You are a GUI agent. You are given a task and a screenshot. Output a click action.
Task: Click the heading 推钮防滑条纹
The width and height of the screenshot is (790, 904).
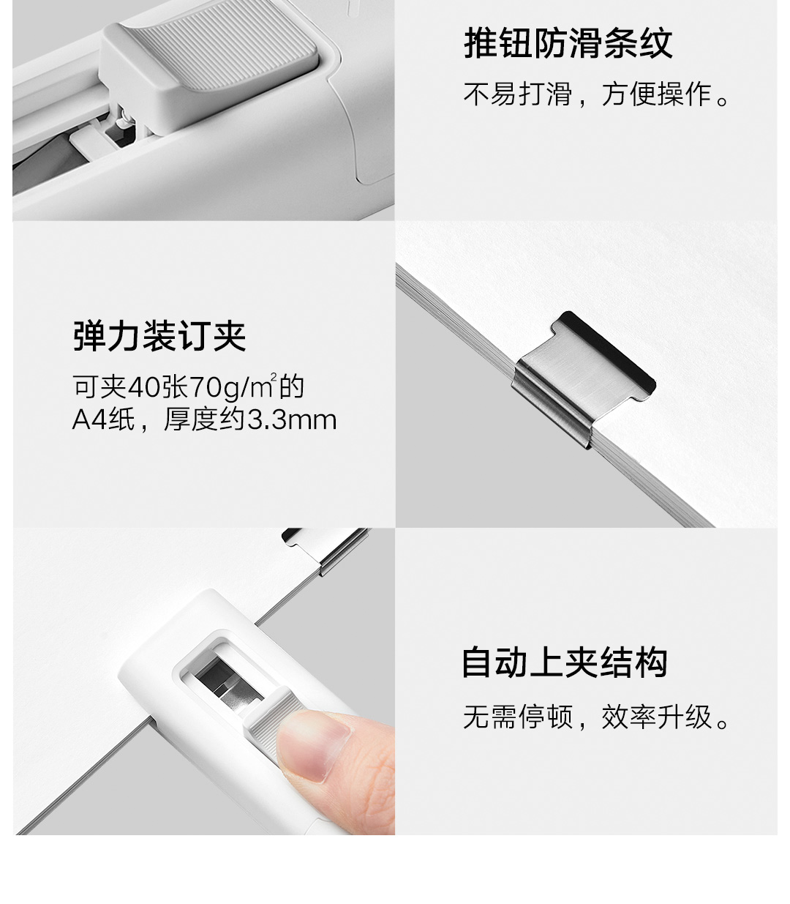tap(568, 43)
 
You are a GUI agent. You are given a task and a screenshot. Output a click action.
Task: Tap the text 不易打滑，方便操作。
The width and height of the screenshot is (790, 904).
tap(596, 94)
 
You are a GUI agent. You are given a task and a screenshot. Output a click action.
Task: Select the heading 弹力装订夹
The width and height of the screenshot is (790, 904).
tap(159, 336)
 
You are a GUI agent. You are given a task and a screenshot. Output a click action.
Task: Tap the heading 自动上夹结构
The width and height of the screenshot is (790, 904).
tap(565, 662)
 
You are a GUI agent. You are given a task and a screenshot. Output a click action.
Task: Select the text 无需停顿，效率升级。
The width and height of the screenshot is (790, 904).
tap(596, 717)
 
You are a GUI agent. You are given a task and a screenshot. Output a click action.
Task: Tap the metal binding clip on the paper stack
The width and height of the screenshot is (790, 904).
tap(583, 378)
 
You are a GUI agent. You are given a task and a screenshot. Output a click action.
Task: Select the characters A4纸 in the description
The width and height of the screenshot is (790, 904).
tap(103, 419)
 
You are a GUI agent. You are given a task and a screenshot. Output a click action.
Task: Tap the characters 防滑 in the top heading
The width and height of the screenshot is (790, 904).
tap(568, 43)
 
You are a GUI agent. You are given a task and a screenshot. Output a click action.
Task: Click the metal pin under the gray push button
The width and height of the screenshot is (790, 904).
tap(124, 119)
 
